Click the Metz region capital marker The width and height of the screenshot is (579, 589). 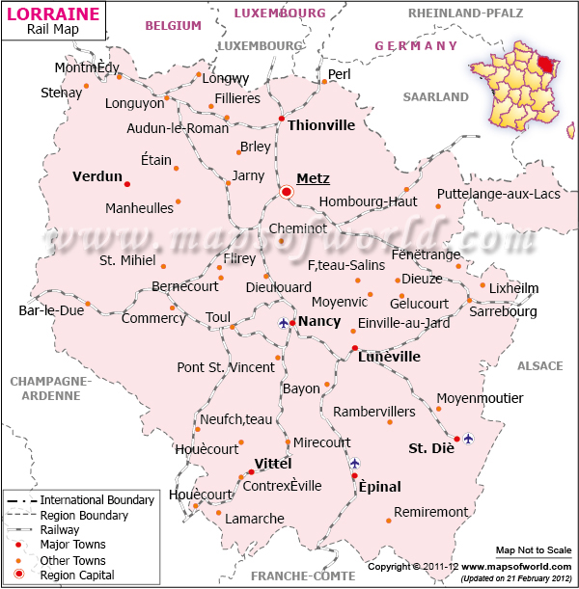point(287,192)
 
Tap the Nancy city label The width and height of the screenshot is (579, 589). point(318,321)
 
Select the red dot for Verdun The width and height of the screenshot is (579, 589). point(127,183)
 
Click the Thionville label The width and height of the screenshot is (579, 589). point(321,125)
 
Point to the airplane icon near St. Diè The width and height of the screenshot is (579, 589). point(468,439)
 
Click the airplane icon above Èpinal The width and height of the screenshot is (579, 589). point(354,464)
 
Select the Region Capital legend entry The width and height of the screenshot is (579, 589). point(76,576)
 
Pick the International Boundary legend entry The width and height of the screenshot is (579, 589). point(96,500)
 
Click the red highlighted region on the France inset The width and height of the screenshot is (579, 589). point(548,65)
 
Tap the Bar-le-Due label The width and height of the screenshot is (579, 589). point(51,310)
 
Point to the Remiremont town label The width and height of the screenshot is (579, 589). point(431,512)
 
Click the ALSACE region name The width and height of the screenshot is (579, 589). point(539,366)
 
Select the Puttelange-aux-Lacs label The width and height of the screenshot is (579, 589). point(498,194)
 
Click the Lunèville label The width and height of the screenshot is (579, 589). point(389,357)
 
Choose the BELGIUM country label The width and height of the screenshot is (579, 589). point(173,26)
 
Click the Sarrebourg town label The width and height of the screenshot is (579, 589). point(502,311)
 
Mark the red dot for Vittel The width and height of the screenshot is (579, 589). point(251,471)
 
